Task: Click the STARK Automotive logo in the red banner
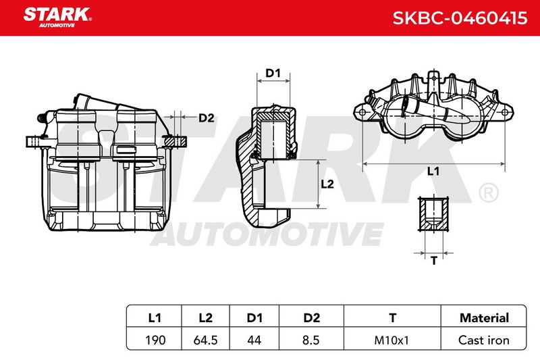pyautogui.click(x=57, y=18)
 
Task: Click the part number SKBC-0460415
pyautogui.click(x=460, y=18)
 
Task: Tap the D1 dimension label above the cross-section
pyautogui.click(x=273, y=73)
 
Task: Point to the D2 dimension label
pyautogui.click(x=207, y=118)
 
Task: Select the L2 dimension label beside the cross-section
pyautogui.click(x=327, y=184)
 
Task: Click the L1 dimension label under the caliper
pyautogui.click(x=433, y=171)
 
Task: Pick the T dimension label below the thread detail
pyautogui.click(x=434, y=261)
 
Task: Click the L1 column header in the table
pyautogui.click(x=155, y=317)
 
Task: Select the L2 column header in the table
pyautogui.click(x=206, y=317)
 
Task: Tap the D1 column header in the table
pyautogui.click(x=254, y=317)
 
